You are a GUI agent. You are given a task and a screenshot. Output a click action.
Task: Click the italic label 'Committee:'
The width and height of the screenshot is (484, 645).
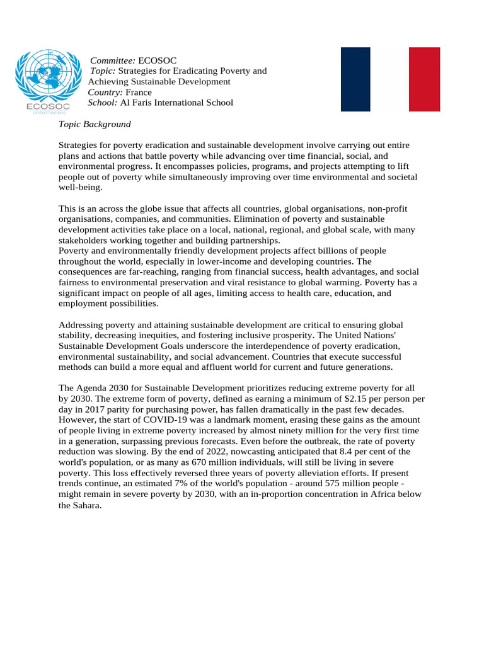113,60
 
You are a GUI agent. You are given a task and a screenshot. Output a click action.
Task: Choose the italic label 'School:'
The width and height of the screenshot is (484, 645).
103,103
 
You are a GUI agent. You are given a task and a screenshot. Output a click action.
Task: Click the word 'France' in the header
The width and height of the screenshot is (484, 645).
139,92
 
